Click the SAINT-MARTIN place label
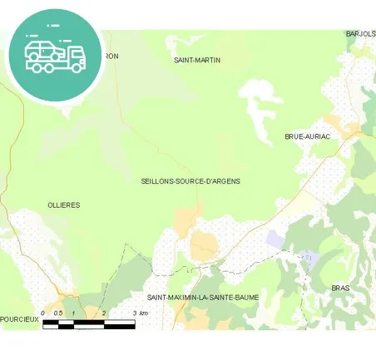[196, 61]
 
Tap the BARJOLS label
[360, 34]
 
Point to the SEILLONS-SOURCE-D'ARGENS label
[190, 180]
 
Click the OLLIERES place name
[64, 205]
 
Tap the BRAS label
[341, 288]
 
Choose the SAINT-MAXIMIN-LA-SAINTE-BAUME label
[203, 298]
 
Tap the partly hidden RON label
[111, 57]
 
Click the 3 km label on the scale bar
[140, 313]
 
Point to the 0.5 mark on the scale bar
[57, 313]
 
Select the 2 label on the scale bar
[103, 313]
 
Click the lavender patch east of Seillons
[275, 239]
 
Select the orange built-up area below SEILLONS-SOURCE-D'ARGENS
[186, 218]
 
